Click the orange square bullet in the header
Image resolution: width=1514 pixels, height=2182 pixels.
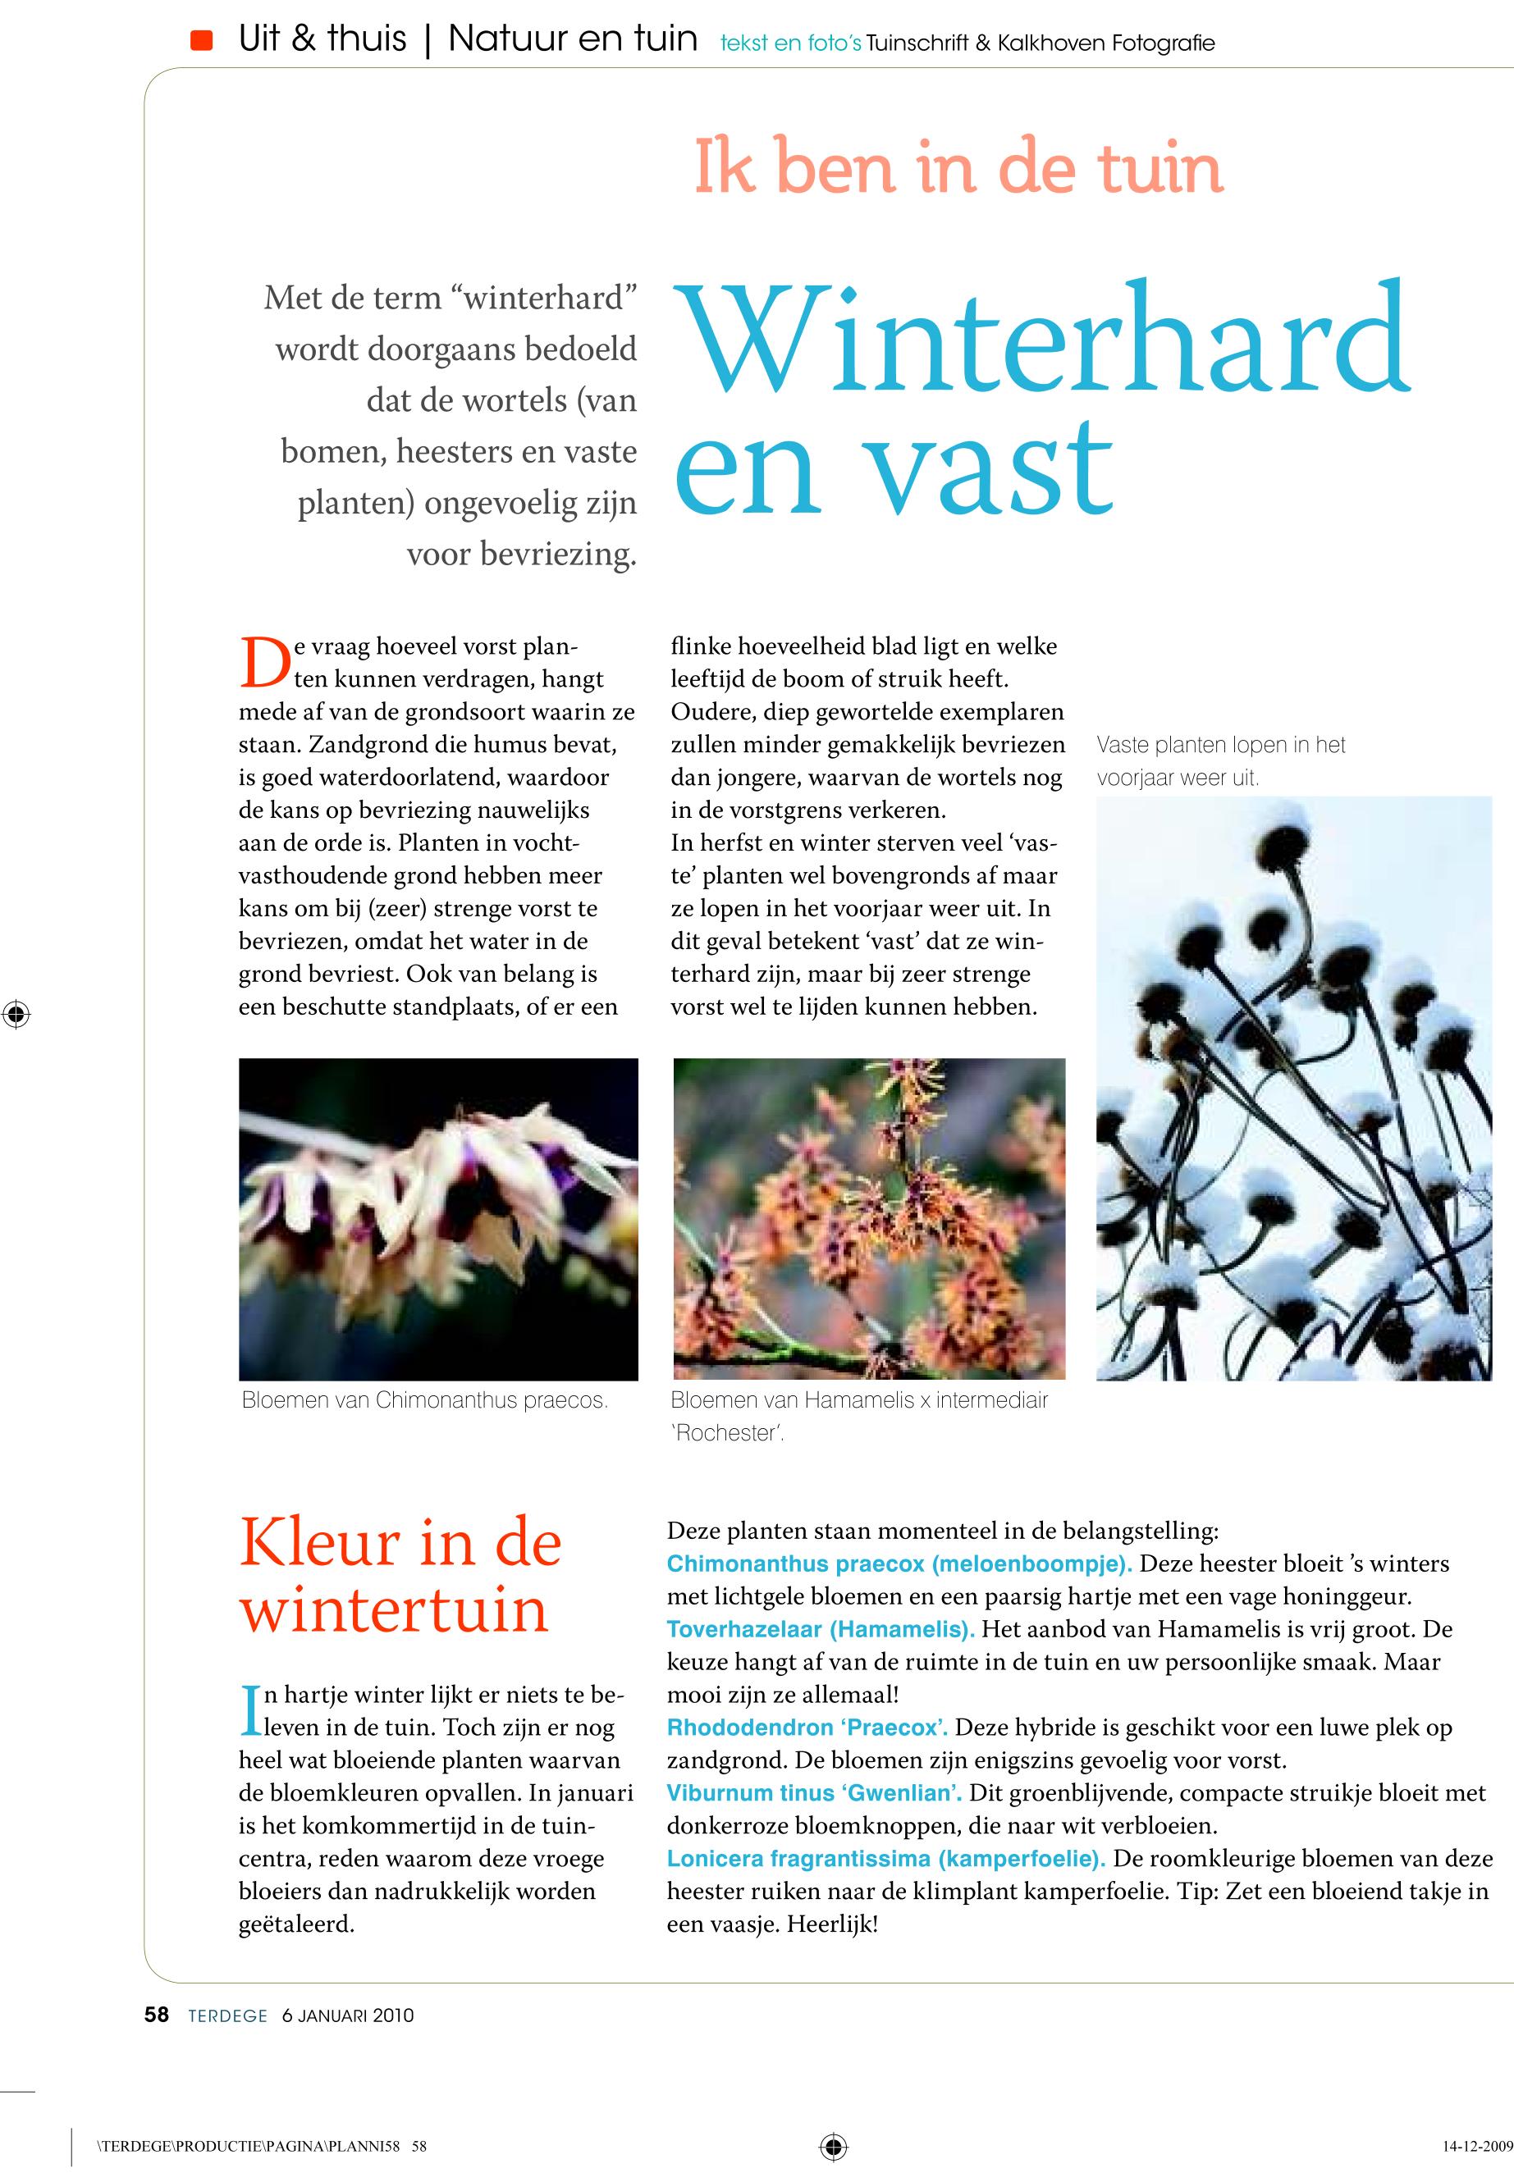pos(201,41)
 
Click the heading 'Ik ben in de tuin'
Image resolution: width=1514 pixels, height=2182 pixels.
pos(958,168)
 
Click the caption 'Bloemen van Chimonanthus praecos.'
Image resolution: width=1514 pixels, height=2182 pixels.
pos(425,1400)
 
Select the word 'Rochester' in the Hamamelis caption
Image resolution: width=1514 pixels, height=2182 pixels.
pos(727,1434)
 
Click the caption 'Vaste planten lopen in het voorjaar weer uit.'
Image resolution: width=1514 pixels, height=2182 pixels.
pos(1221,761)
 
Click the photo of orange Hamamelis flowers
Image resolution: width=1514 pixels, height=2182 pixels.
pos(869,1218)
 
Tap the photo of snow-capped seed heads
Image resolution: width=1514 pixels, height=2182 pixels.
pos(1294,1088)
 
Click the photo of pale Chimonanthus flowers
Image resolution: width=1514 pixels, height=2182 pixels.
pos(438,1218)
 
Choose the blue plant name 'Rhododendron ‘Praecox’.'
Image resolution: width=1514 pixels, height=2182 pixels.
pos(807,1728)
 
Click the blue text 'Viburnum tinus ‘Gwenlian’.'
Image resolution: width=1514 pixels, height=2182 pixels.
pos(815,1793)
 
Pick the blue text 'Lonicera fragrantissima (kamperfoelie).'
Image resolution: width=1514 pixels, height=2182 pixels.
pos(886,1859)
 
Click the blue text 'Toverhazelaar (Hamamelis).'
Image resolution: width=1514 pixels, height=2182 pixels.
pos(821,1629)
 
